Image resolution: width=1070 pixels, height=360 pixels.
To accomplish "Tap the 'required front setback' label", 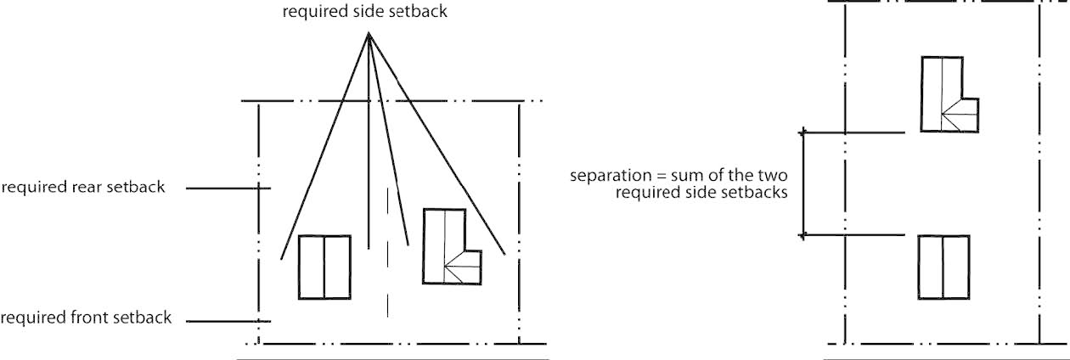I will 85,318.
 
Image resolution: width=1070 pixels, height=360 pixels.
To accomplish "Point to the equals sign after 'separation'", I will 648,177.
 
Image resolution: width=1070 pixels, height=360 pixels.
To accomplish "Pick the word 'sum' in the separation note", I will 672,177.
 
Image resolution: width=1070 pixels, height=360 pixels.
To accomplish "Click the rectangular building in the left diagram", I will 324,267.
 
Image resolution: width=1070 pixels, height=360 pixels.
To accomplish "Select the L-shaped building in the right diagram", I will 944,93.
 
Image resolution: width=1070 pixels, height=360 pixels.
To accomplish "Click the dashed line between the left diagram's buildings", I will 388,255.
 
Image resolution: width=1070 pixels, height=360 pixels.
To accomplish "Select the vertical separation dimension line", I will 803,183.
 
